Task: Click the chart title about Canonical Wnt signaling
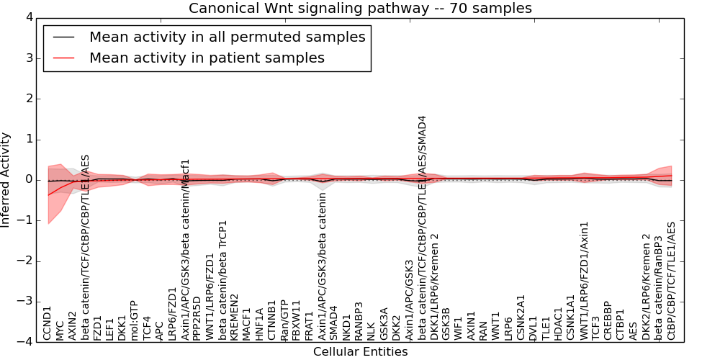tap(360, 9)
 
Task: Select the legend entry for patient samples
tap(207, 58)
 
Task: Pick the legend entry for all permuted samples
tap(227, 37)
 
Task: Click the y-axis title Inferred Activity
tap(6, 180)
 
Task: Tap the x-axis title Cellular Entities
tap(360, 352)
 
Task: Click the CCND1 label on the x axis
tap(48, 323)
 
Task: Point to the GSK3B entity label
tap(446, 322)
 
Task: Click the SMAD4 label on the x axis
tap(333, 322)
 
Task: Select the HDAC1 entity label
tap(558, 322)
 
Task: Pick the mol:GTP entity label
tap(134, 320)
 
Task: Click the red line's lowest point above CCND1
tap(48, 195)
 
